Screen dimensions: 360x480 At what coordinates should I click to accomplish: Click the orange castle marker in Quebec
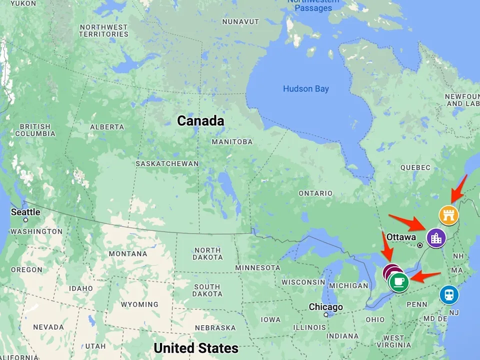(x=448, y=215)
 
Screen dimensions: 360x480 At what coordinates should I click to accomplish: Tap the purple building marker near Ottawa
(x=436, y=237)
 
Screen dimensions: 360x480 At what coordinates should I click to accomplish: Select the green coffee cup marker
(x=398, y=282)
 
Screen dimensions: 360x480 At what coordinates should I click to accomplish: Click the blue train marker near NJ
(x=449, y=295)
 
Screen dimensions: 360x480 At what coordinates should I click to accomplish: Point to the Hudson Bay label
(x=306, y=89)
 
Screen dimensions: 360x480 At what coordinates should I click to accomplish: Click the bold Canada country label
(x=200, y=120)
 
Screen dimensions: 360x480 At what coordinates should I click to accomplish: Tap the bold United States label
(x=196, y=348)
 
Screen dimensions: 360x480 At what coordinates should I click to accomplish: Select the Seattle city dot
(x=25, y=219)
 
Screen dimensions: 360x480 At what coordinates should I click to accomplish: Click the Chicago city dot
(x=325, y=315)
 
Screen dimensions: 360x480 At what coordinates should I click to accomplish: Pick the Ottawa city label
(x=401, y=236)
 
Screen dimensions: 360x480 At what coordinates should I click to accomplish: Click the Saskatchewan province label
(x=167, y=163)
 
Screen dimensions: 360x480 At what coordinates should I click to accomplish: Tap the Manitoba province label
(x=232, y=141)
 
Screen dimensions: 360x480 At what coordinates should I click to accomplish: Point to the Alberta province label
(x=107, y=127)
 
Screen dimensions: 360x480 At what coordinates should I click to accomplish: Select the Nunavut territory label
(x=240, y=21)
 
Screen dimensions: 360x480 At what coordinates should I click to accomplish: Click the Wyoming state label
(x=139, y=304)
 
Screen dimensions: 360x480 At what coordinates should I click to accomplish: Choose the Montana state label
(x=127, y=253)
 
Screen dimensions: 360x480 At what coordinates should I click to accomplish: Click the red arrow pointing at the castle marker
(x=459, y=188)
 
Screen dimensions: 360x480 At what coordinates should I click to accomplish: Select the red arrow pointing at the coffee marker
(x=426, y=276)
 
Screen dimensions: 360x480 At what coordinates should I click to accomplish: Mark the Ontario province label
(x=315, y=193)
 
